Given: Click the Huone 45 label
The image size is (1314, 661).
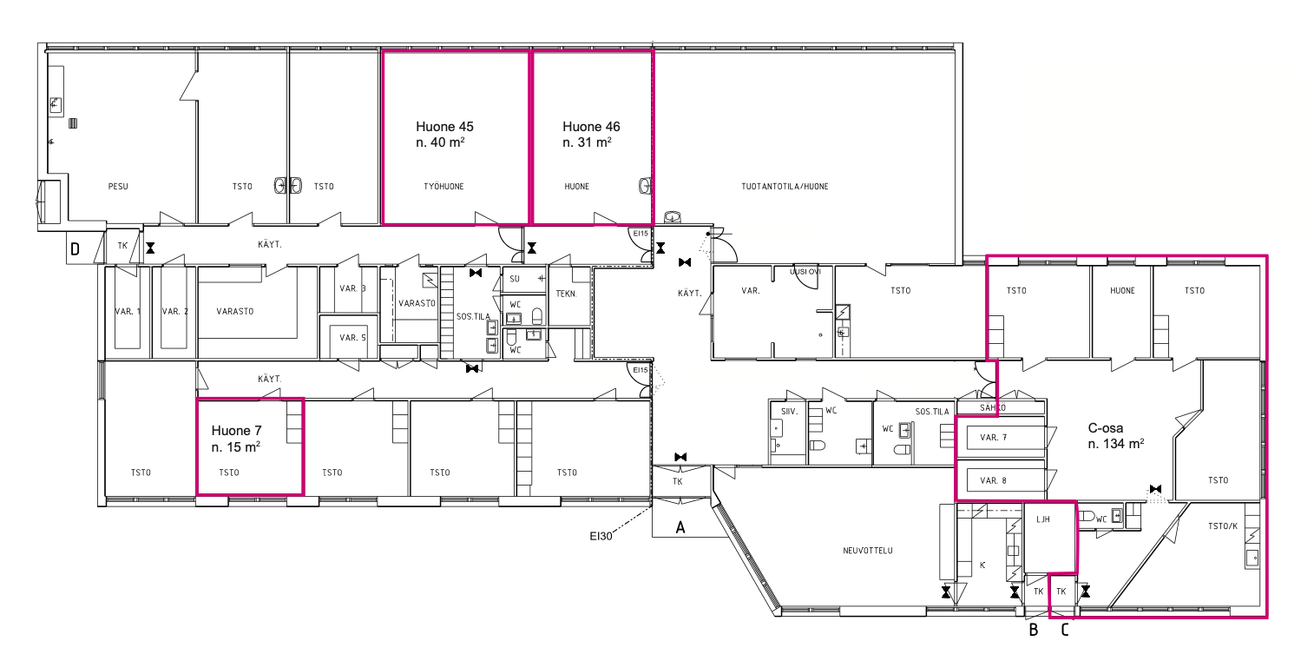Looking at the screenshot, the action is [x=444, y=127].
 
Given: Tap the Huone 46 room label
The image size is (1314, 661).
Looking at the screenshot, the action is [x=591, y=127].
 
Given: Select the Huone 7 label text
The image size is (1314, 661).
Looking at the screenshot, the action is [x=236, y=431].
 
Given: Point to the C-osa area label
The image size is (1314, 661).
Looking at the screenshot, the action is [x=1105, y=428].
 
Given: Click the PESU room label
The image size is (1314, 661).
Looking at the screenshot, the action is [x=118, y=187].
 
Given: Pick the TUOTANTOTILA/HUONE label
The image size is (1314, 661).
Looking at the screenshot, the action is [x=785, y=187].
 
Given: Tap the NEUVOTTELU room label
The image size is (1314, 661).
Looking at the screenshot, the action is [x=868, y=551].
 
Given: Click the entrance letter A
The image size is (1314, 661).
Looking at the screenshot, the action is [x=680, y=528].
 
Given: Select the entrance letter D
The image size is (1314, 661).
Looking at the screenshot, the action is [x=76, y=249].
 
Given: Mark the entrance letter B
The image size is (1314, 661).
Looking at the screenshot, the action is [x=1034, y=631].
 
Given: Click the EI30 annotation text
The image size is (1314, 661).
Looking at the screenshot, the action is [x=601, y=536].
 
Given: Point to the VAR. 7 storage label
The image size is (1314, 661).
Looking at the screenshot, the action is [x=993, y=438].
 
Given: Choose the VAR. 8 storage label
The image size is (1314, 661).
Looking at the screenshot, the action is [x=993, y=481].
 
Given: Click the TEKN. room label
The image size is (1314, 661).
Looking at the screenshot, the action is [x=566, y=294].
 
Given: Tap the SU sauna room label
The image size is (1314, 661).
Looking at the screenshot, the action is [x=515, y=279].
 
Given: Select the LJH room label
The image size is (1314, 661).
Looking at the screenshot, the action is [x=1043, y=519].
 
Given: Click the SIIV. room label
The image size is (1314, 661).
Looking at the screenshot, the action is [x=789, y=412].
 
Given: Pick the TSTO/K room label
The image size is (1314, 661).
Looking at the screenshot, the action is [x=1223, y=526].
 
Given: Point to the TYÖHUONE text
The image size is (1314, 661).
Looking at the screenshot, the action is [x=443, y=187].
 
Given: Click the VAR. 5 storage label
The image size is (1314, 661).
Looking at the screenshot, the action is [x=352, y=338].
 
